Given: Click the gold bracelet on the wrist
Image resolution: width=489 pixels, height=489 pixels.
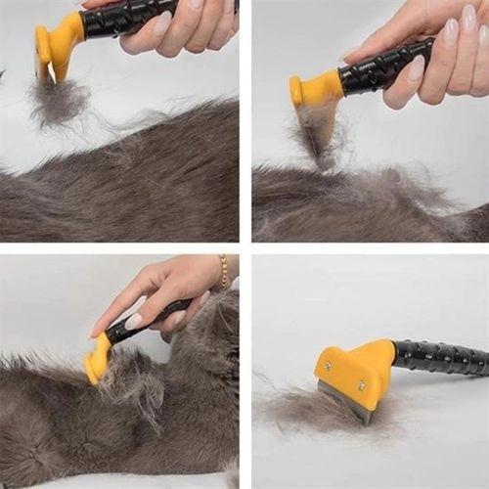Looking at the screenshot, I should click(x=223, y=272).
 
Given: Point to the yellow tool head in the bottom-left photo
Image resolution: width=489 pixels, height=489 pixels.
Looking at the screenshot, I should click(x=98, y=359).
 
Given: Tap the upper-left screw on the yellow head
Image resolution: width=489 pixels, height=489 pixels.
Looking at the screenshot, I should click(x=328, y=365).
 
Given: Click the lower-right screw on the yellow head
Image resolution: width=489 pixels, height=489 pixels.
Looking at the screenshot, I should click(x=361, y=385).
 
